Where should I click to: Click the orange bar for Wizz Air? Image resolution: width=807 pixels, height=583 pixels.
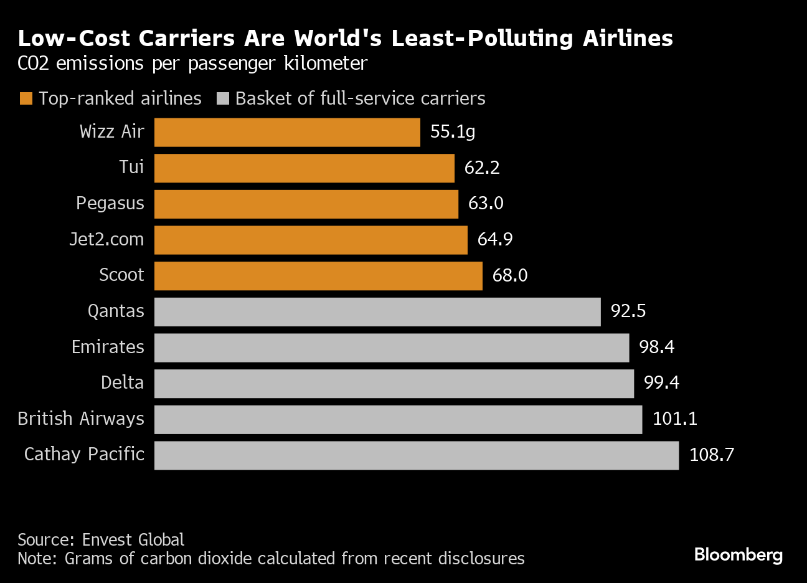pos(287,133)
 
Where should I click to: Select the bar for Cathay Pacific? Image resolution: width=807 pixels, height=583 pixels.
pos(416,455)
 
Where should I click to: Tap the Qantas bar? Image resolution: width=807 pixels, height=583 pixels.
pos(377,311)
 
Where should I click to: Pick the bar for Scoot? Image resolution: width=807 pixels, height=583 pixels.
pos(318,276)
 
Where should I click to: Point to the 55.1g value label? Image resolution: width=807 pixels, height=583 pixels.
pos(453,132)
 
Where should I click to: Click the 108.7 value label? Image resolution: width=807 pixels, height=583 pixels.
pos(711,455)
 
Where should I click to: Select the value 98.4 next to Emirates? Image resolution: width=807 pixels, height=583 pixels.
pos(656,347)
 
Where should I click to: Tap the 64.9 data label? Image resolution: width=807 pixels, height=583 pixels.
pos(495,240)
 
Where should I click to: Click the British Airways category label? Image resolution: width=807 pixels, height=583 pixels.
pos(81,419)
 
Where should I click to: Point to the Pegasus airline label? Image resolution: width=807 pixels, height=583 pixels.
pos(110,204)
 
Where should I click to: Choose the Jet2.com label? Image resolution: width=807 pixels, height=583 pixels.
pos(106,240)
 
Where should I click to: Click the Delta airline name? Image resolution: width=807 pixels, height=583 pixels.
pos(122,382)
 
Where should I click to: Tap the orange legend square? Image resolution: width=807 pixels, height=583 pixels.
pos(26,99)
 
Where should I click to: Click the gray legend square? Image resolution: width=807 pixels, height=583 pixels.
pos(223,99)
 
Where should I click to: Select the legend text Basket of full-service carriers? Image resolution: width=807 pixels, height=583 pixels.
pos(360,99)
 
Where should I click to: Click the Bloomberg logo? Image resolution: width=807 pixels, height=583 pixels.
pos(738,554)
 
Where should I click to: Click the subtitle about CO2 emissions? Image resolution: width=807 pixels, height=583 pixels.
pos(192,64)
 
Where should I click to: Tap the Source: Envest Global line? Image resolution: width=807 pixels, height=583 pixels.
pos(101,539)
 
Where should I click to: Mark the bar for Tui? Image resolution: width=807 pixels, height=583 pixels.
pos(304,168)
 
